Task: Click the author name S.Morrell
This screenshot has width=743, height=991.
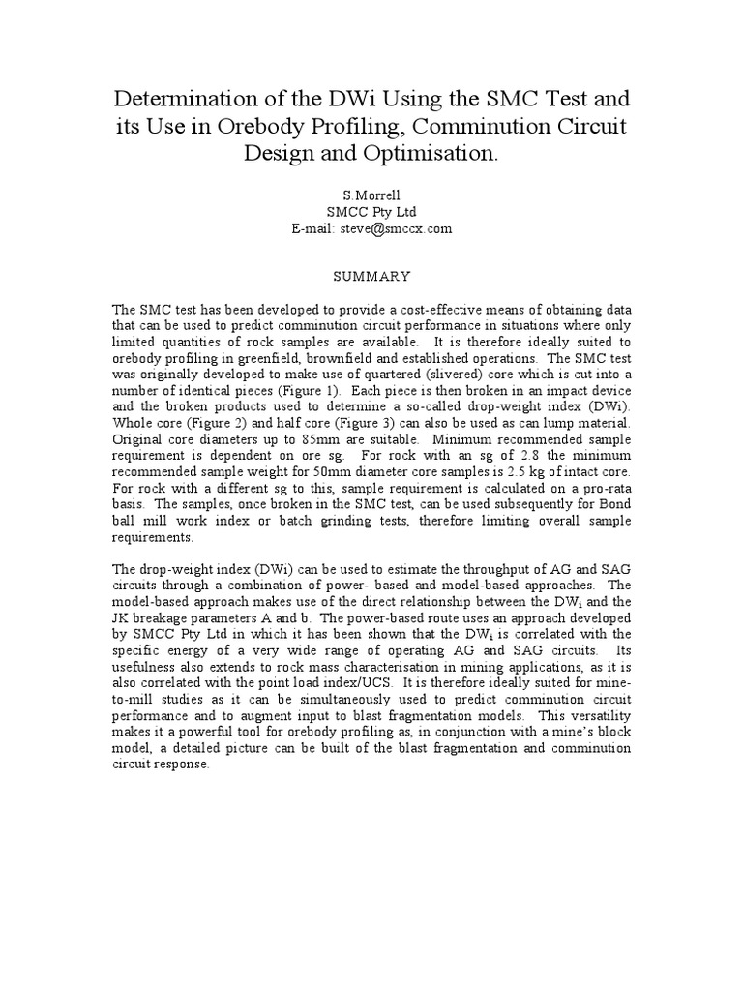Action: tap(371, 195)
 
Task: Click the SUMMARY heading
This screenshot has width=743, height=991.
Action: tap(371, 276)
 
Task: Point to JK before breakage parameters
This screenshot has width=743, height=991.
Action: tap(124, 616)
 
